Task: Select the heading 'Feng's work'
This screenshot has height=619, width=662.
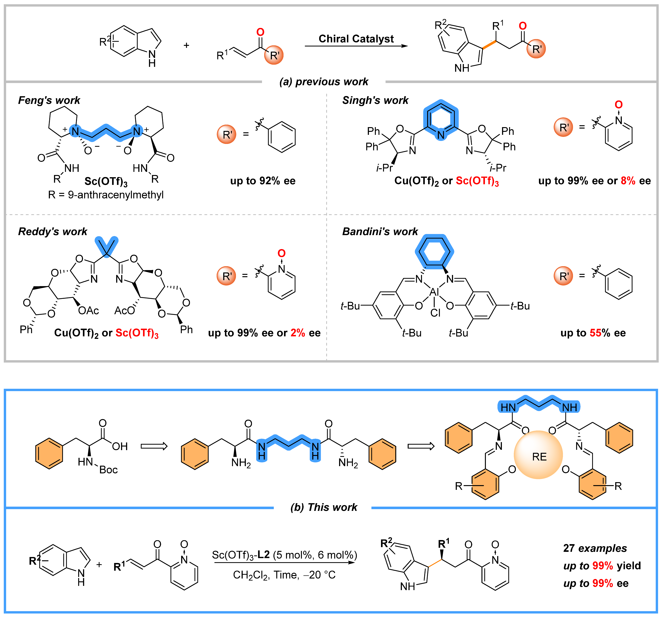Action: point(49,100)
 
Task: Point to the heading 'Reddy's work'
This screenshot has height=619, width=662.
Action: point(53,231)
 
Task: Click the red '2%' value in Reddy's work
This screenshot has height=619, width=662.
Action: point(298,333)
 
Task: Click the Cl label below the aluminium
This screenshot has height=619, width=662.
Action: point(435,313)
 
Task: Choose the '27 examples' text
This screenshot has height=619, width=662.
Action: point(595,548)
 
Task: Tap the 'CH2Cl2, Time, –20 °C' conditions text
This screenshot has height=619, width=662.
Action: point(284,575)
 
